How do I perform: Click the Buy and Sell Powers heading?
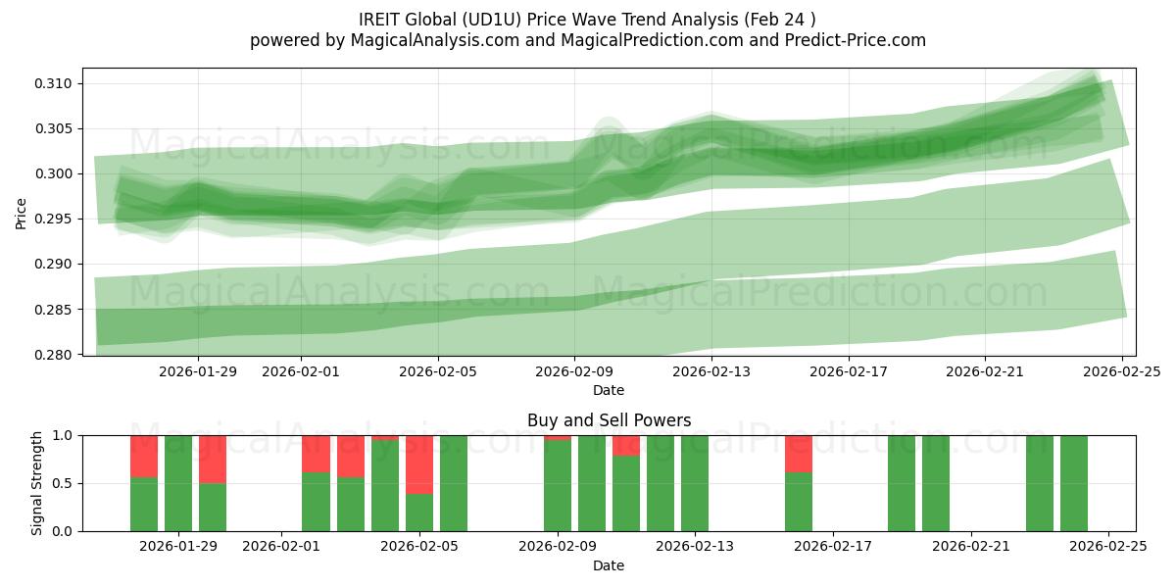(x=609, y=420)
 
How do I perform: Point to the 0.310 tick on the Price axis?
(x=53, y=83)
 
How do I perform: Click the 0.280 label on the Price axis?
(x=53, y=355)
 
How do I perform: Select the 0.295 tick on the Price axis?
(x=53, y=219)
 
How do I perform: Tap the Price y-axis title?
(x=22, y=212)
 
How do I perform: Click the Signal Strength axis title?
(x=36, y=482)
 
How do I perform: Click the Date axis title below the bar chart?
(x=609, y=565)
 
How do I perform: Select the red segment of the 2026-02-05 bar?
(x=419, y=464)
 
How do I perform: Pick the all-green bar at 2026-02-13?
(x=695, y=483)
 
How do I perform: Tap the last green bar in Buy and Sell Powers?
(x=1074, y=483)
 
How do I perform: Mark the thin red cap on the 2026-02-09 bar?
(x=558, y=437)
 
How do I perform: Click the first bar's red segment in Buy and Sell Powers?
(x=144, y=456)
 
